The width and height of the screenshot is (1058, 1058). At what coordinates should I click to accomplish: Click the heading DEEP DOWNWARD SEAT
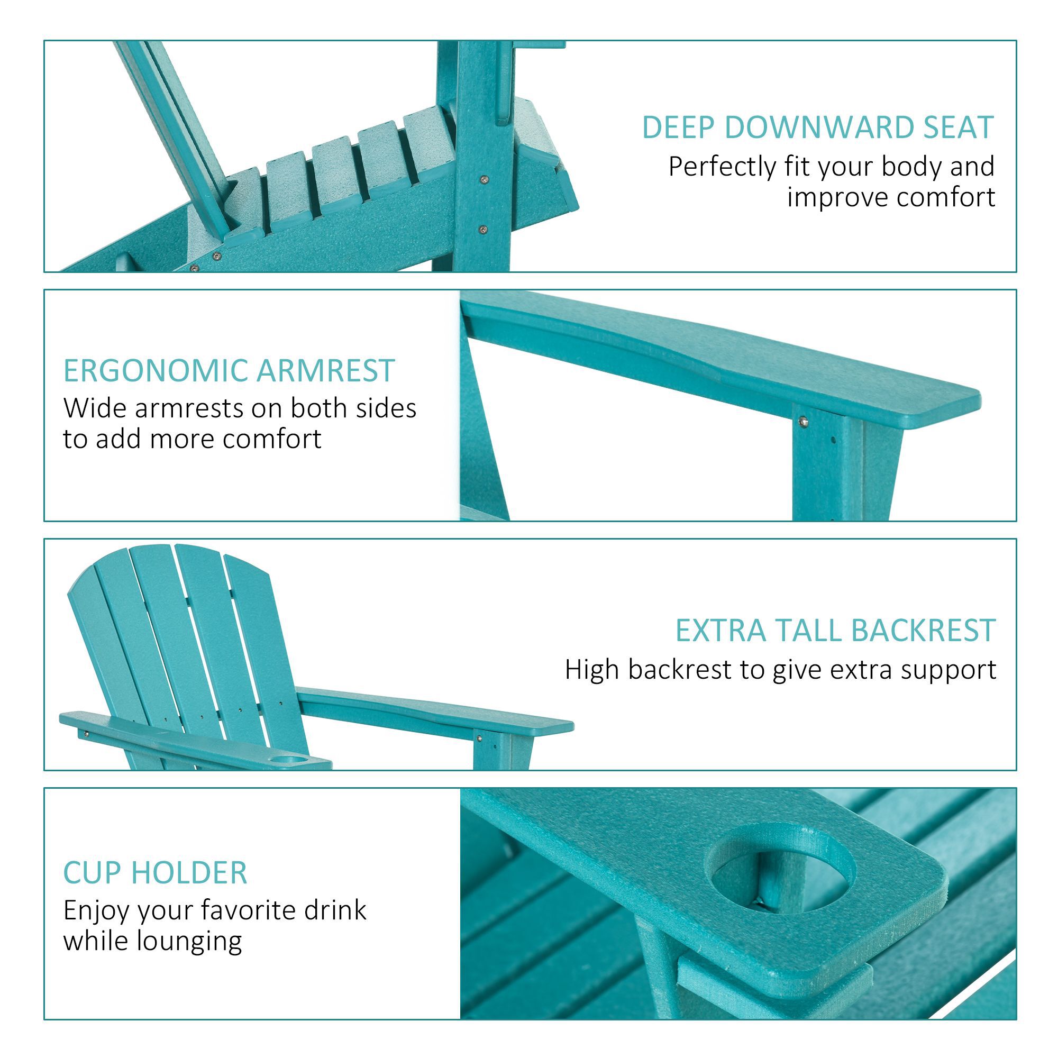tap(817, 127)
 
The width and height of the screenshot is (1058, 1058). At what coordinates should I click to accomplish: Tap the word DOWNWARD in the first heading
tap(819, 127)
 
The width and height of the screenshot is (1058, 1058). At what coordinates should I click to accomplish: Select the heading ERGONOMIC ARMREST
tap(229, 371)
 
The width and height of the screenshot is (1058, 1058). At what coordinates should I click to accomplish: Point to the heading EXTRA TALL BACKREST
tap(835, 631)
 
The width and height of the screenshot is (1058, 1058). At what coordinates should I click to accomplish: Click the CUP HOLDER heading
tap(155, 873)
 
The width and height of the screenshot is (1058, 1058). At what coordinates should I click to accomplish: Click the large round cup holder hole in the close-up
tap(780, 872)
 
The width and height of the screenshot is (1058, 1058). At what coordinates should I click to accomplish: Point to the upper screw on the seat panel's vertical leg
tap(484, 179)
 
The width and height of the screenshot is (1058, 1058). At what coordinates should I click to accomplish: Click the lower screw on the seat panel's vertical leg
tap(482, 230)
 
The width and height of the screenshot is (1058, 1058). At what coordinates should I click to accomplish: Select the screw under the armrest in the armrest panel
tap(804, 421)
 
